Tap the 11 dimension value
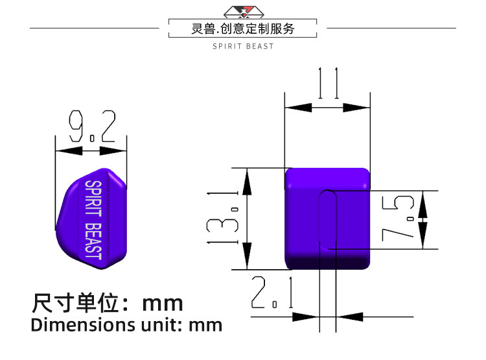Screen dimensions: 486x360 click(328, 83)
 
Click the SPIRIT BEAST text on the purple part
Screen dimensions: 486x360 click(93, 219)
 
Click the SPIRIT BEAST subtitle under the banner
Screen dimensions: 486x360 click(243, 46)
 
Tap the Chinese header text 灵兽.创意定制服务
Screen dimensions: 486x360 click(243, 29)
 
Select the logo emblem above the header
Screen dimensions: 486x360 click(243, 11)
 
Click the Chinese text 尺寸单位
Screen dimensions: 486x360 click(74, 303)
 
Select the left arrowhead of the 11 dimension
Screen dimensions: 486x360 click(295, 107)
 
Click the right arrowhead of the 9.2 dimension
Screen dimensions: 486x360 click(116, 151)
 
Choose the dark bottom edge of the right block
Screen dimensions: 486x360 click(328, 263)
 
